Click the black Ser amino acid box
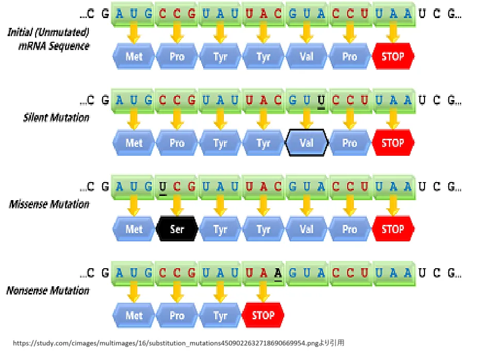coord(177,229)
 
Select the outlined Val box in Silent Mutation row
coord(306,143)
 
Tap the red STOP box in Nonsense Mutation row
coord(263,315)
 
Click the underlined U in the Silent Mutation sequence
coord(321,100)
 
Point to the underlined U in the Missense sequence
coord(162,186)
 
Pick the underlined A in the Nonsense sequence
coord(278,272)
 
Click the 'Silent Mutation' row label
coord(56,118)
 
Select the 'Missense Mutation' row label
coord(49,204)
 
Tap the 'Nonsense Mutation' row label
coord(48,290)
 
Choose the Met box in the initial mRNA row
coord(134,56)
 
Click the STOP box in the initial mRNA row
coord(393,56)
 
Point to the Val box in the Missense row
coord(306,229)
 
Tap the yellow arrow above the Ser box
coord(177,207)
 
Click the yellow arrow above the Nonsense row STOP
coord(263,293)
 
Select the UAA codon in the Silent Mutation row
coord(393,100)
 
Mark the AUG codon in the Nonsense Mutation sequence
coord(134,272)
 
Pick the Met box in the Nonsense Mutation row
coord(134,315)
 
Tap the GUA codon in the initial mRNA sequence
coord(306,14)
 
